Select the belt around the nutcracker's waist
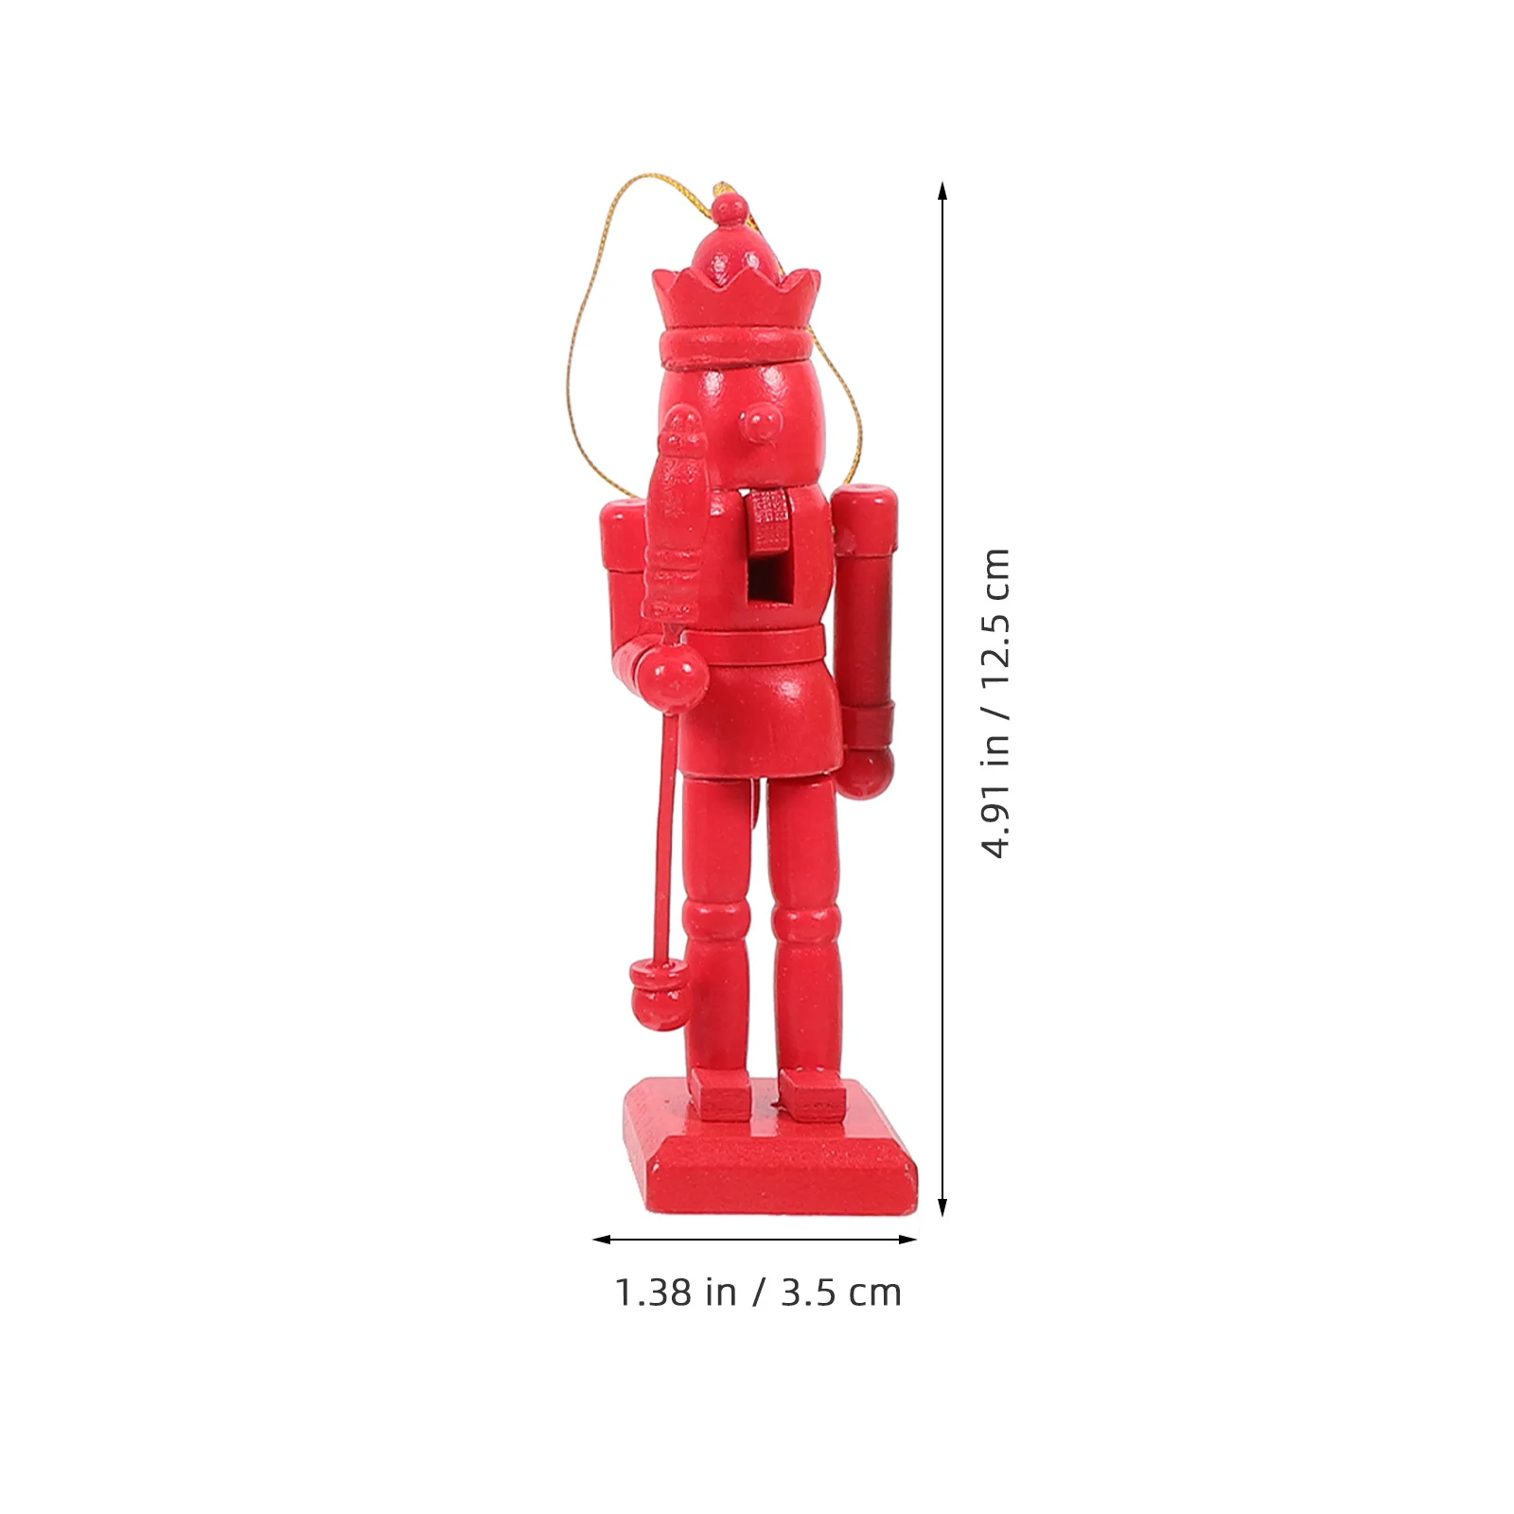click(762, 645)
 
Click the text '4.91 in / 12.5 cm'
click(995, 703)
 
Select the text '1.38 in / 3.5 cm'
click(758, 1293)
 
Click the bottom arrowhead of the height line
click(942, 1207)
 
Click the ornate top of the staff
click(674, 511)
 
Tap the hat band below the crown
click(736, 347)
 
